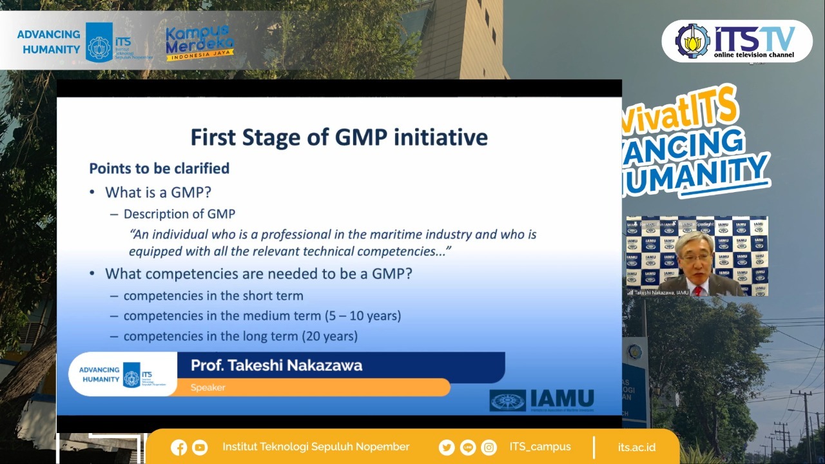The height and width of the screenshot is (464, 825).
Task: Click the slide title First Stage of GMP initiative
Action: click(x=339, y=137)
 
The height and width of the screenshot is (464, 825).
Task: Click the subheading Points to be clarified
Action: click(x=159, y=168)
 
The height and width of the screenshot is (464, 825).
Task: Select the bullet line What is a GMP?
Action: click(x=158, y=192)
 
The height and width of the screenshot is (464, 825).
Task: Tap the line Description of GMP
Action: click(x=179, y=214)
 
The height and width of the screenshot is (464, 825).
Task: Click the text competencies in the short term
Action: click(x=213, y=296)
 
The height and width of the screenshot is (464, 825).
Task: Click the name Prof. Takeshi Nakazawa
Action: click(x=277, y=365)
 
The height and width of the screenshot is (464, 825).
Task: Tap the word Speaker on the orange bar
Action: click(x=208, y=387)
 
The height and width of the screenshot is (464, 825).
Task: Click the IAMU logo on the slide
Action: click(x=541, y=400)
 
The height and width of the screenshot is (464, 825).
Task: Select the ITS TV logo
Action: click(x=737, y=41)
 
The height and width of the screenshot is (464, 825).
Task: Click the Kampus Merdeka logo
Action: click(x=200, y=43)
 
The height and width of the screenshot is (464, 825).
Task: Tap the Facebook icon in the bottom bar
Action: click(x=179, y=447)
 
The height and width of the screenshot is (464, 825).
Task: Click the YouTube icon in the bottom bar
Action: click(x=200, y=447)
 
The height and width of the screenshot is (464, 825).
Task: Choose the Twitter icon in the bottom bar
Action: click(x=446, y=447)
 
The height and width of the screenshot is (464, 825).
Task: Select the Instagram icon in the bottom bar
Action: click(x=489, y=447)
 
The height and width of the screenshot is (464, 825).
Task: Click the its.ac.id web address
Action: click(x=636, y=447)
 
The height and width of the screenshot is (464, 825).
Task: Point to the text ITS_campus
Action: click(x=539, y=447)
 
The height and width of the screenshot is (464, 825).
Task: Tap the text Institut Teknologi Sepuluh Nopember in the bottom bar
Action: click(x=316, y=447)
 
